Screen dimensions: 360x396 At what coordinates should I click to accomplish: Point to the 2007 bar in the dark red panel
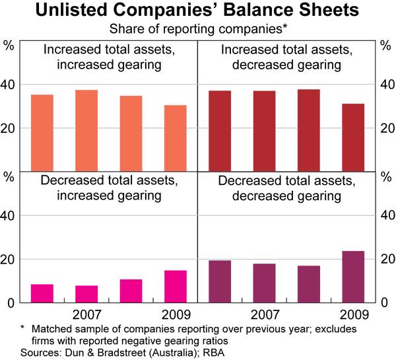point(264,130)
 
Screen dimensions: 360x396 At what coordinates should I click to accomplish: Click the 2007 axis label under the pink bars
point(86,314)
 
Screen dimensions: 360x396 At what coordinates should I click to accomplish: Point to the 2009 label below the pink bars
point(175,314)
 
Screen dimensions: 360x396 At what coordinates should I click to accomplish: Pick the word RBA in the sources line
point(191,351)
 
